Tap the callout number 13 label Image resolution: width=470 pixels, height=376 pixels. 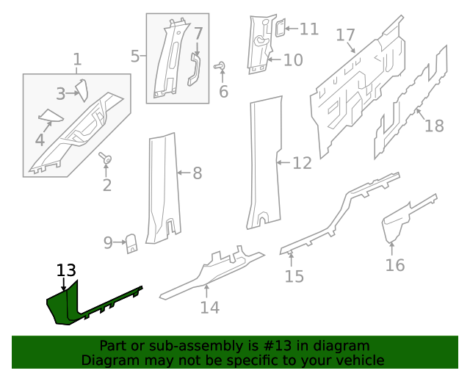(66, 271)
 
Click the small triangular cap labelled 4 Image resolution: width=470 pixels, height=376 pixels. (51, 115)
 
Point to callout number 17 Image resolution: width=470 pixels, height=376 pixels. (345, 35)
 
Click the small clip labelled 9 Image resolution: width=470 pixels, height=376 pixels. (132, 242)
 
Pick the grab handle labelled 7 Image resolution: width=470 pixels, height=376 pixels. (195, 68)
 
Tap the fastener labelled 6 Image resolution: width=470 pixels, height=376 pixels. (219, 67)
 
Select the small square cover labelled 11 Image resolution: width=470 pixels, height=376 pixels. (280, 29)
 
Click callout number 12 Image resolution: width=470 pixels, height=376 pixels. (302, 163)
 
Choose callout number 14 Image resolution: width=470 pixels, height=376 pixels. (209, 308)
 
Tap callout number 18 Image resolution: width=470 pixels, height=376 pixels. (434, 126)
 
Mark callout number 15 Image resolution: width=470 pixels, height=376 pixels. (294, 276)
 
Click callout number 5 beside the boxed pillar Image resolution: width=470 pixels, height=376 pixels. (135, 56)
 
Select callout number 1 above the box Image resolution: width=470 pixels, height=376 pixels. (77, 59)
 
